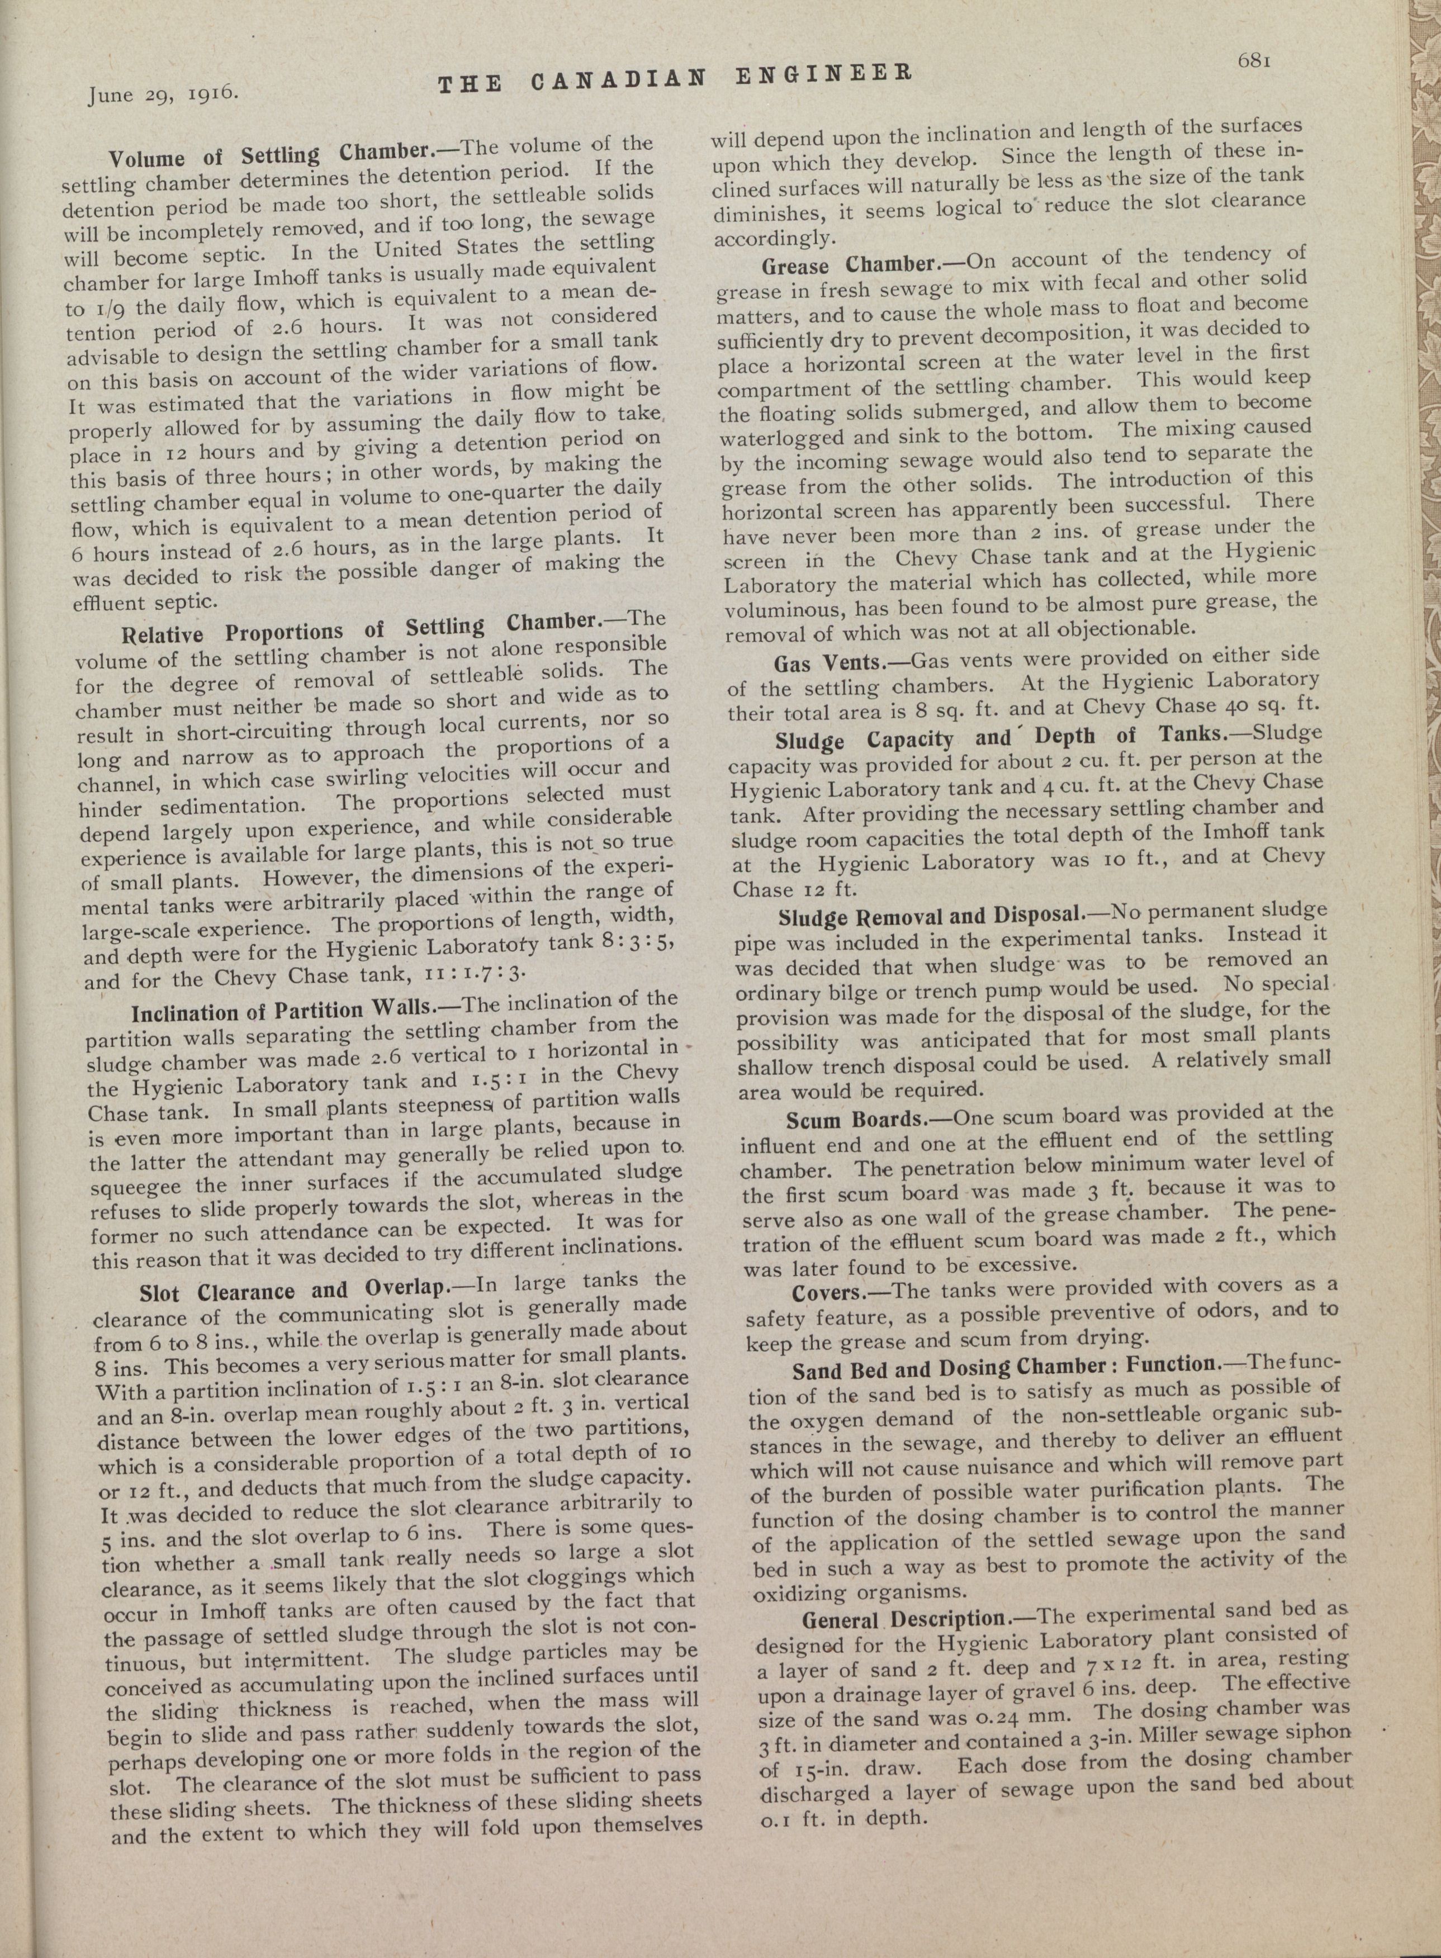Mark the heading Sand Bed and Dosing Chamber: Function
[x=1003, y=1367]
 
